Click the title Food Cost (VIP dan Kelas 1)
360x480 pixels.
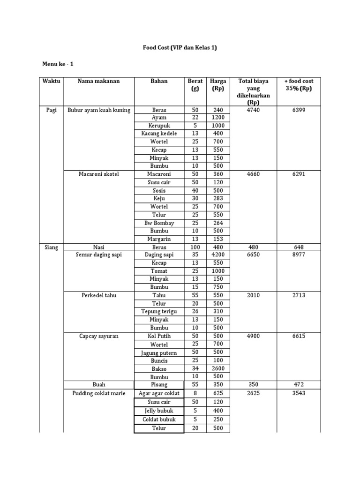(180, 47)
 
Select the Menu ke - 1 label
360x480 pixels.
(58, 64)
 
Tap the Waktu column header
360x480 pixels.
(52, 81)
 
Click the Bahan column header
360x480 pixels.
(159, 81)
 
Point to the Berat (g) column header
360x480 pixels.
(195, 84)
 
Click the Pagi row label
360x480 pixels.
(52, 110)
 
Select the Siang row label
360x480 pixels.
(52, 247)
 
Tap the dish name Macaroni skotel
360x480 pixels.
(99, 174)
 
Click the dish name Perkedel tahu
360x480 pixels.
(99, 295)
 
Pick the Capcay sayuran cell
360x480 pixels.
(99, 336)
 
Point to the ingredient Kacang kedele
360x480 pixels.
(159, 134)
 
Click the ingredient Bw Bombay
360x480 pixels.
(159, 223)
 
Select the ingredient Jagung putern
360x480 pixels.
(159, 352)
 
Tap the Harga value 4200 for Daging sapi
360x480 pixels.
(218, 255)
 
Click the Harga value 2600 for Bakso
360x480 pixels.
(218, 368)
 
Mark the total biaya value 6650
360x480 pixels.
(254, 255)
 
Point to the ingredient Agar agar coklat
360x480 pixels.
(159, 393)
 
